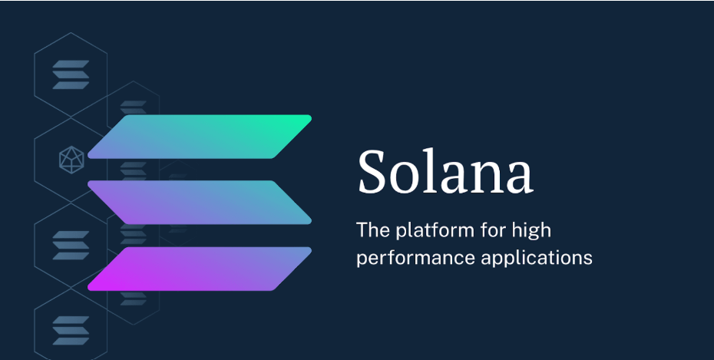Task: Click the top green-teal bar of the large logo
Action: (200, 137)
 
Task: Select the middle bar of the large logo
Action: (200, 203)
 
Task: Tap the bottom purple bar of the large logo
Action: (200, 269)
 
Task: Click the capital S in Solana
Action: (372, 172)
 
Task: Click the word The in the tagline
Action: (373, 230)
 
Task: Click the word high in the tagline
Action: (531, 231)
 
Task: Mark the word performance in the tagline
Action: (416, 259)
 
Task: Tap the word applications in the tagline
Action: (537, 258)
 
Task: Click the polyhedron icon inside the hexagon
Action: (71, 160)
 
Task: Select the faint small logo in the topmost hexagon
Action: (71, 74)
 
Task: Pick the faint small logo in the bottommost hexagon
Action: (71, 330)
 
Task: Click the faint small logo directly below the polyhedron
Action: (71, 246)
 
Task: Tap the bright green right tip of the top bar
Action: (306, 120)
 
